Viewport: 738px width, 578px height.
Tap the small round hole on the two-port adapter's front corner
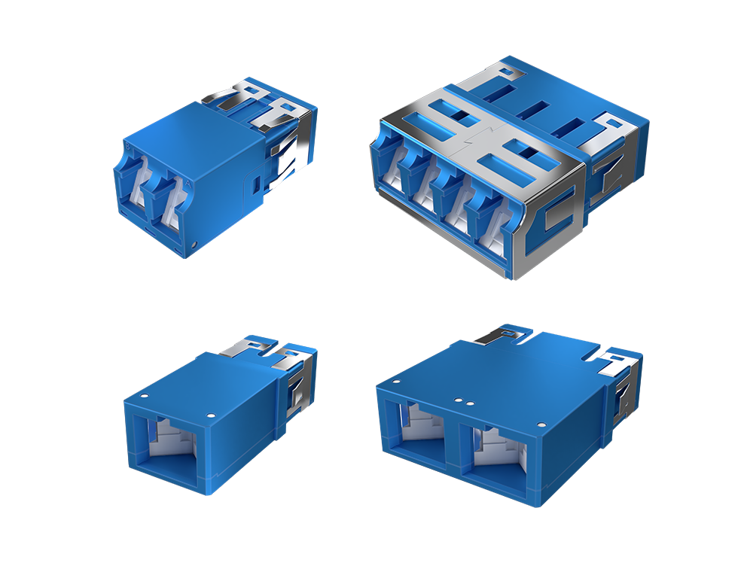coord(197,245)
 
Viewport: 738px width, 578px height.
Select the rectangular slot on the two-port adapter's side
coord(257,183)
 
